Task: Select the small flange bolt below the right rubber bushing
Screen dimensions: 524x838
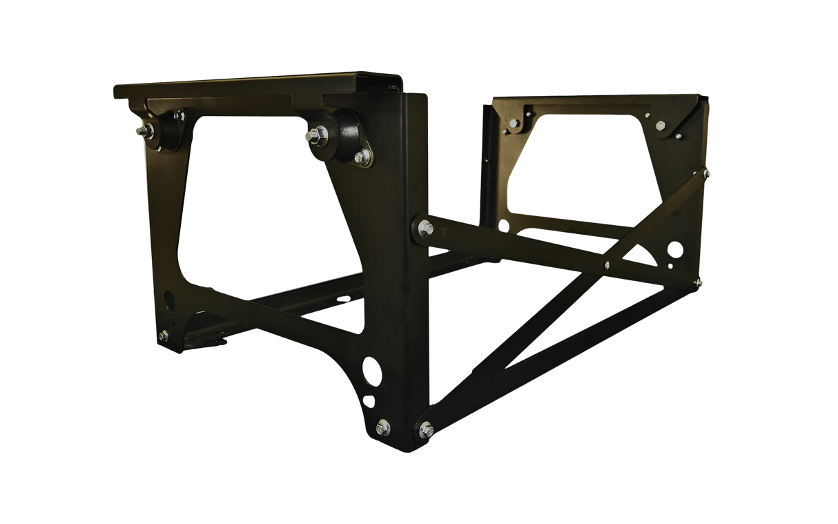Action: tap(360, 158)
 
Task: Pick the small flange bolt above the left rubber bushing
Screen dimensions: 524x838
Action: tap(179, 115)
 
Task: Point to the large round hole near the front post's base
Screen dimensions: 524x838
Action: tap(373, 371)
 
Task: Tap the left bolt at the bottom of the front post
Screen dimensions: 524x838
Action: tap(383, 427)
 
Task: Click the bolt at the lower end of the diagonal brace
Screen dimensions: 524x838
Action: tap(425, 428)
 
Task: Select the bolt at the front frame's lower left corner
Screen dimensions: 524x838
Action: tap(163, 336)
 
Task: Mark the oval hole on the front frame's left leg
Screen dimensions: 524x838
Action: tap(168, 300)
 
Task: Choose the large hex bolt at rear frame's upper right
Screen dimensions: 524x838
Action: tap(661, 126)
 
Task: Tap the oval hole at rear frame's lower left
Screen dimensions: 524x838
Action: tap(503, 226)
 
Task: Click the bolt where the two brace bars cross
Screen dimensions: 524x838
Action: tap(607, 264)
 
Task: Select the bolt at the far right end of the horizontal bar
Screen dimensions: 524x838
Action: tap(700, 282)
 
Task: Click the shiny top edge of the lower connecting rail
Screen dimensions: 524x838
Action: tap(304, 285)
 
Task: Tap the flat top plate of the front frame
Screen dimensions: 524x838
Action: tap(242, 87)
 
